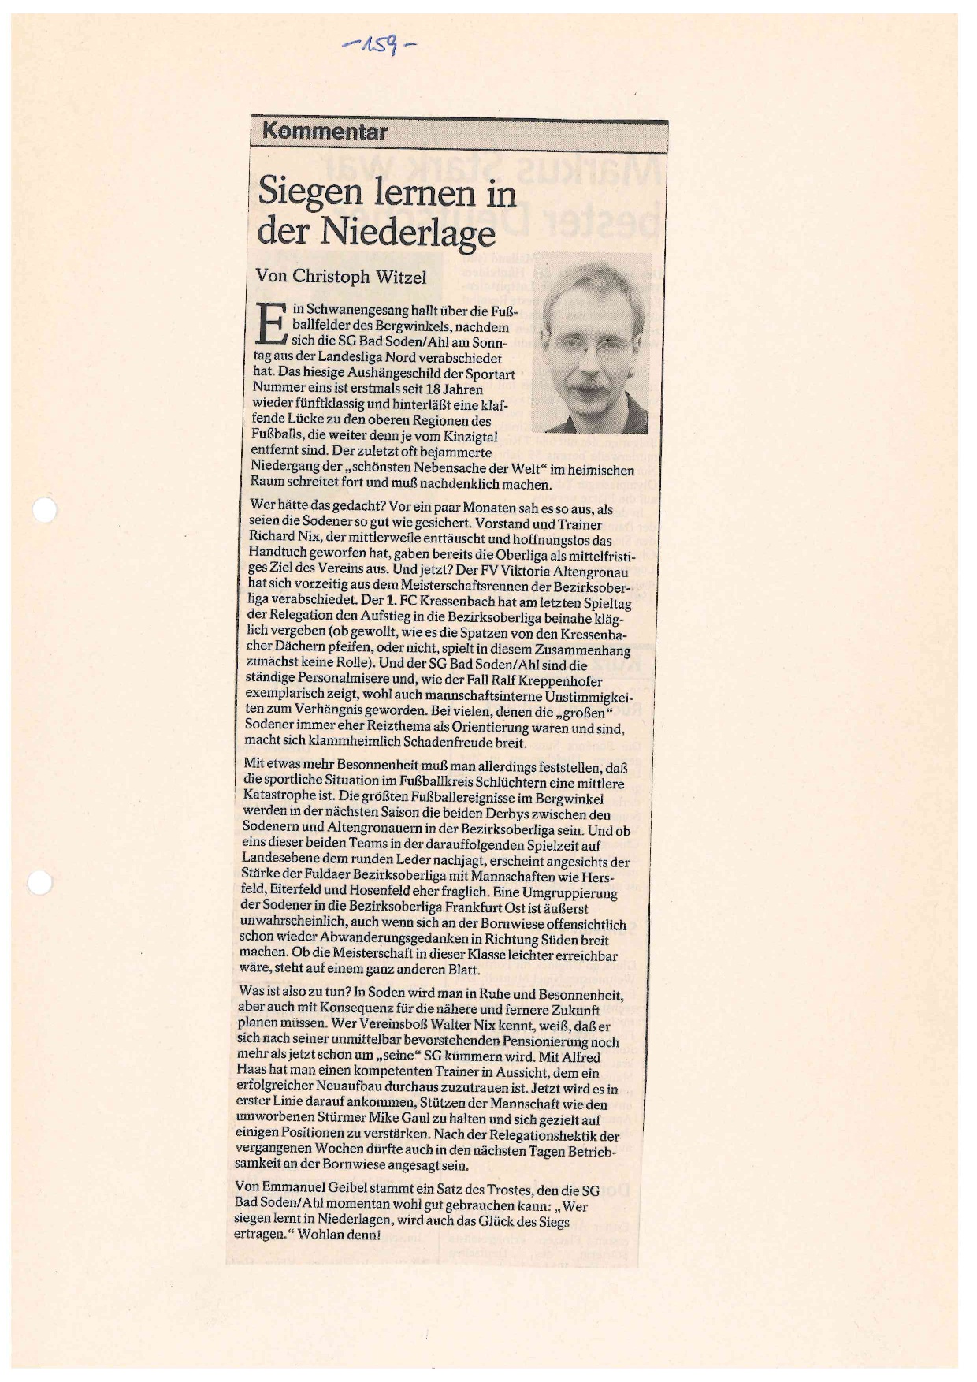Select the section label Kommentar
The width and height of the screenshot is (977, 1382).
324,132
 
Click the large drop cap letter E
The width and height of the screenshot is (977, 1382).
269,324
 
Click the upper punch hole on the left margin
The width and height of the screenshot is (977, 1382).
44,512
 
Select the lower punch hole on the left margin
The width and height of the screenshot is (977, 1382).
42,883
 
